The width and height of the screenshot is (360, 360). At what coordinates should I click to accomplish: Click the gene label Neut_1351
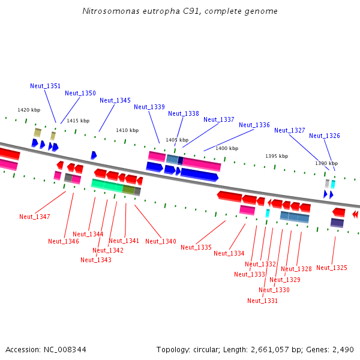[45, 86]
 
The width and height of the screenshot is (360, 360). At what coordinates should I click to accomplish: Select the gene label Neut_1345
[115, 100]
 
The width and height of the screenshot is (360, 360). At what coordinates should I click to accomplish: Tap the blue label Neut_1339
[149, 107]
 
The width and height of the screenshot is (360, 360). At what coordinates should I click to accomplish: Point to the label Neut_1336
[254, 125]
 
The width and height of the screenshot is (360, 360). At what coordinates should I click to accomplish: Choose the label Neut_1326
[324, 136]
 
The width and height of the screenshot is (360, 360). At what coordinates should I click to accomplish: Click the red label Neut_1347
[34, 217]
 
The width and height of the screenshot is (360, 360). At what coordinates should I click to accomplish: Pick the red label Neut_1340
[160, 241]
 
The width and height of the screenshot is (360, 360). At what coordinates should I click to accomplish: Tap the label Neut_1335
[196, 247]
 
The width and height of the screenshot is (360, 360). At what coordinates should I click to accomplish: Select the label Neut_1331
[262, 301]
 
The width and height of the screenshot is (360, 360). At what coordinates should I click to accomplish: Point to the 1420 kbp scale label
[29, 110]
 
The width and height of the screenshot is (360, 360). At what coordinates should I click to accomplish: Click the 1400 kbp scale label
[227, 148]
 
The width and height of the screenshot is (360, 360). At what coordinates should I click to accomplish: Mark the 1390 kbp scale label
[326, 163]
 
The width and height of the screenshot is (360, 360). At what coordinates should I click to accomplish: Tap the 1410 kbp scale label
[127, 130]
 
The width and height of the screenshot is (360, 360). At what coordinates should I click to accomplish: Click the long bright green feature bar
[107, 185]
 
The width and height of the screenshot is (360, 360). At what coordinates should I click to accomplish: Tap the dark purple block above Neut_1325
[337, 223]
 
